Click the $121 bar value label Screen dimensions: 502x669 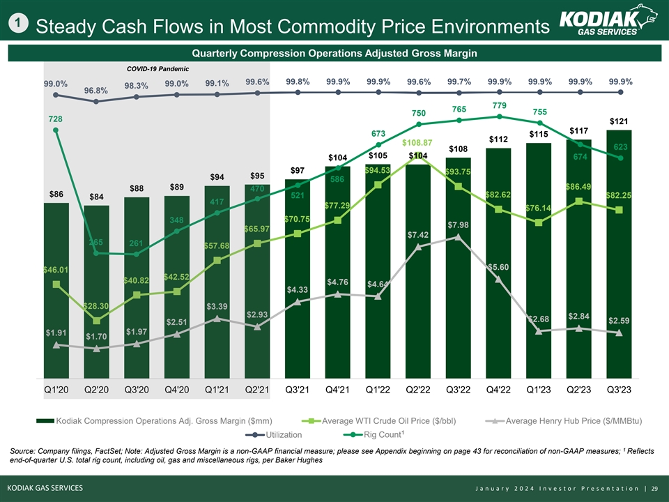[x=620, y=122]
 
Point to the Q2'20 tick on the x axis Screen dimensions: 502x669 [x=96, y=389]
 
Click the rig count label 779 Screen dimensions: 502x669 [x=499, y=105]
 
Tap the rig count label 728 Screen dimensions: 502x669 [x=55, y=119]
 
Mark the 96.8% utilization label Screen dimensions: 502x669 [x=96, y=91]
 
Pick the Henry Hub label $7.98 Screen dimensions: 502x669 [x=458, y=225]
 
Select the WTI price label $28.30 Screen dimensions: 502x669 [x=95, y=306]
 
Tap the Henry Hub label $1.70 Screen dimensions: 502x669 [x=96, y=337]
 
